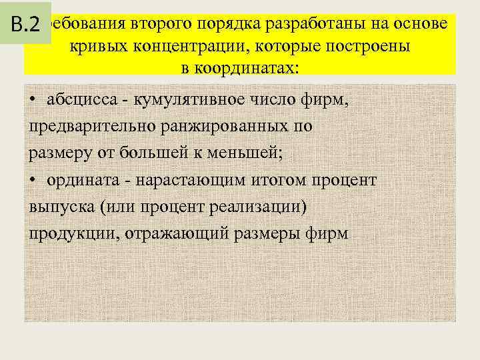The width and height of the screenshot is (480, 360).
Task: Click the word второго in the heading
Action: click(x=163, y=25)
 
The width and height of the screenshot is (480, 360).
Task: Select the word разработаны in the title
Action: click(x=315, y=25)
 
